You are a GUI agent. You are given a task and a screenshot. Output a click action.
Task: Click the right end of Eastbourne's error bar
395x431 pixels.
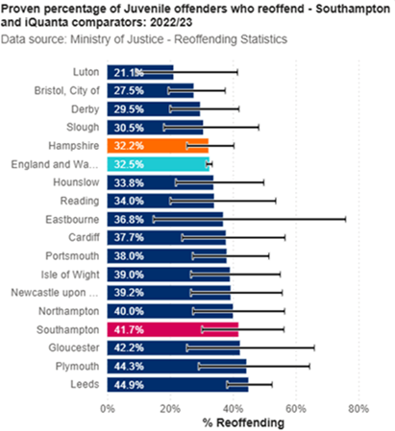[345, 219]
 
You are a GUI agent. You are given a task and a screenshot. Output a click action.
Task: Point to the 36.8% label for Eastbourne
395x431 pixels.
[129, 219]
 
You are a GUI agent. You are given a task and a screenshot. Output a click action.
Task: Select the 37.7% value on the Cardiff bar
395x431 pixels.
[129, 237]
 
